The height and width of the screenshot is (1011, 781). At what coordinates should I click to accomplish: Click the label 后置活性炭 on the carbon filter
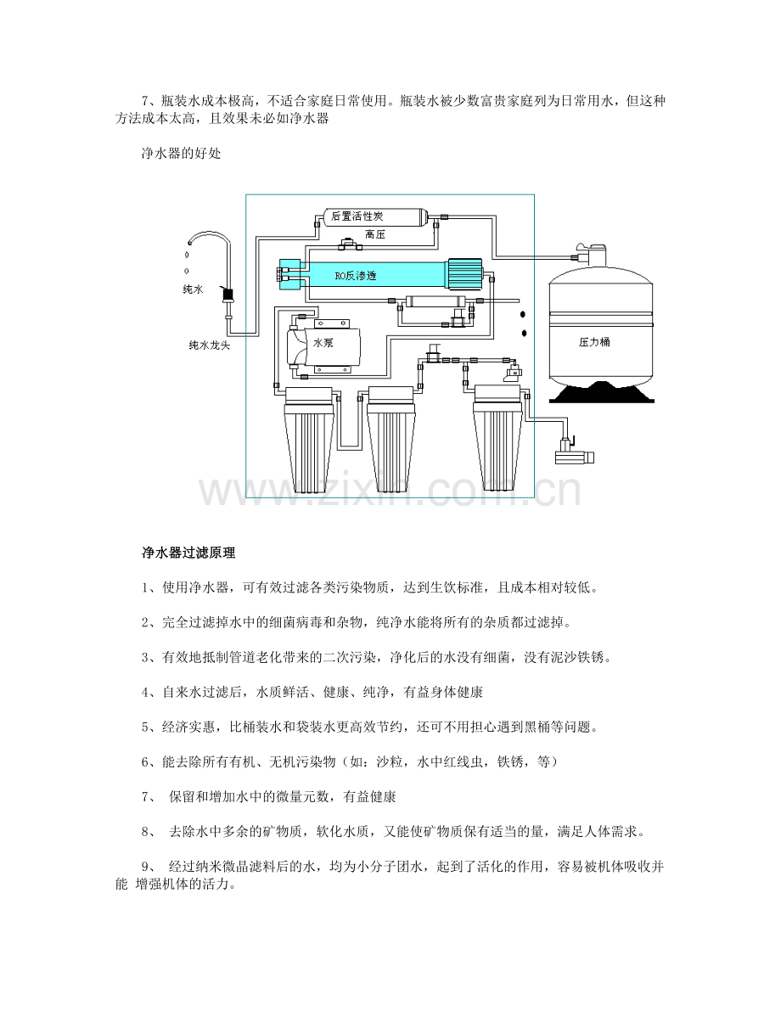[357, 216]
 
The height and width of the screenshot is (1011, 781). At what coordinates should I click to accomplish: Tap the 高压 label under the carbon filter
[374, 234]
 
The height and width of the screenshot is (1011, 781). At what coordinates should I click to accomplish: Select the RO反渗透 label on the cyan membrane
[355, 276]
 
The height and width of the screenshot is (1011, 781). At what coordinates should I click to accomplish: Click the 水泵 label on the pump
[323, 343]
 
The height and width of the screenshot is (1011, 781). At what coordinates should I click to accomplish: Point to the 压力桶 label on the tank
[594, 342]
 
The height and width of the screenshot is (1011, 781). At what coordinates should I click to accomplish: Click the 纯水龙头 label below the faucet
[209, 345]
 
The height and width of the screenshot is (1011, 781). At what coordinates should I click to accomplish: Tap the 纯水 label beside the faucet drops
[193, 289]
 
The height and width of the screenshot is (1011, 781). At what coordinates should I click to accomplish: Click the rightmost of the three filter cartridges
[501, 439]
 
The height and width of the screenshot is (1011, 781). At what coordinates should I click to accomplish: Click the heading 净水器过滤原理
[188, 553]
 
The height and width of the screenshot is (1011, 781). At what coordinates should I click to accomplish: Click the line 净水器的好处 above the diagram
[181, 154]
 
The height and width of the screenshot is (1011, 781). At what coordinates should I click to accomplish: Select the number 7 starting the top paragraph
[145, 101]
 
